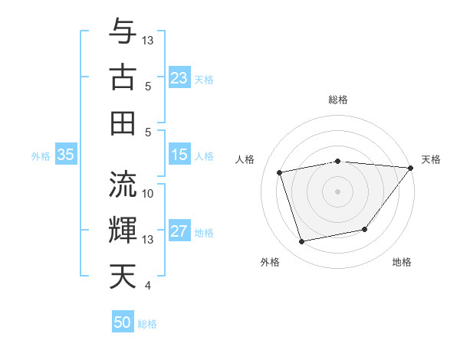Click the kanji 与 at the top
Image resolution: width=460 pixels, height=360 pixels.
123,31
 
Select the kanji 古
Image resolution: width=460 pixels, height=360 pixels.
123,77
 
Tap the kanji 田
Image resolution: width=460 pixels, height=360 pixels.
123,123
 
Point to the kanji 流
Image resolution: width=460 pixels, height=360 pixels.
123,184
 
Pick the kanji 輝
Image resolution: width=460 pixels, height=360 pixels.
123,230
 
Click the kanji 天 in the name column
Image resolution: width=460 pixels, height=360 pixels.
123,277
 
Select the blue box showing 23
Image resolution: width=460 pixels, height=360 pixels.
179,77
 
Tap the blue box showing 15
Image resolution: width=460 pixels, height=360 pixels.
179,155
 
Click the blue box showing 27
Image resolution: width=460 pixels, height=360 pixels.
179,231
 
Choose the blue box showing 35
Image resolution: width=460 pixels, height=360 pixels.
65,155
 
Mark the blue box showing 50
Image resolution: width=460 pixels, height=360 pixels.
123,322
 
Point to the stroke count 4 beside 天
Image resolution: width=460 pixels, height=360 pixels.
148,286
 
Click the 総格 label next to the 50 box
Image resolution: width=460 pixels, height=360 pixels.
147,324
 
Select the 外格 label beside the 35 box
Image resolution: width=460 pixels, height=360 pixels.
41,156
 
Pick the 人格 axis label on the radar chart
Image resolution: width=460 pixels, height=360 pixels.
246,159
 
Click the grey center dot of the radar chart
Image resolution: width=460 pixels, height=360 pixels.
337,191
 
